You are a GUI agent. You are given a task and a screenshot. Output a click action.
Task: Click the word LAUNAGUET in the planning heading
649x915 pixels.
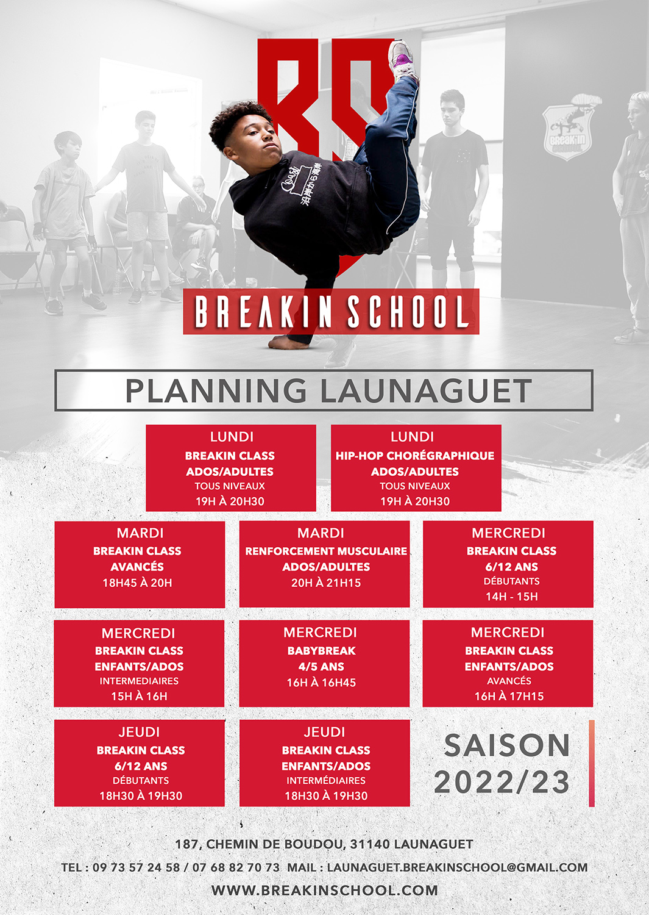pos(426,391)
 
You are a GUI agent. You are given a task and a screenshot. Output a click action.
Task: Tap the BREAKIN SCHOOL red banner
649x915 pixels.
pos(331,311)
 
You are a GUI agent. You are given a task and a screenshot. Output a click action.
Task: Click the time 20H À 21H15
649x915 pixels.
pos(326,583)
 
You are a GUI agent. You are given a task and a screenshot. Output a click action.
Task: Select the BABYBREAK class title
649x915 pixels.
pos(322,651)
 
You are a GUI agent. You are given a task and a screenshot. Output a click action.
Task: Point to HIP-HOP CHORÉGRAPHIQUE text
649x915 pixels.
pos(415,456)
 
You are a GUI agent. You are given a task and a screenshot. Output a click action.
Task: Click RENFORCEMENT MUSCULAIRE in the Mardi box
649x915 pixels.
pos(326,551)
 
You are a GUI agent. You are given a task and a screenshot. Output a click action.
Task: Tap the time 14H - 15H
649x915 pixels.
pos(511,597)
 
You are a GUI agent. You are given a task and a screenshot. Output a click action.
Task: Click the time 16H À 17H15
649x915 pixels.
pos(509,697)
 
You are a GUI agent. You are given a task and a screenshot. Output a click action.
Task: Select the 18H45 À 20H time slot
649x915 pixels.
pos(137,583)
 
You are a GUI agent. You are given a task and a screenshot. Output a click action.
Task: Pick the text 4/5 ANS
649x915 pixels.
pos(321,667)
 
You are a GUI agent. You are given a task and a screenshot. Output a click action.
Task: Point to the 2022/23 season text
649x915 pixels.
pos(502,782)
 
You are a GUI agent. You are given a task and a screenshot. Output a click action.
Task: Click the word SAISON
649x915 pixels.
pos(507,745)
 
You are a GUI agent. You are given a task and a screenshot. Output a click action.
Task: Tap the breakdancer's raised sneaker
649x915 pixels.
pos(402,60)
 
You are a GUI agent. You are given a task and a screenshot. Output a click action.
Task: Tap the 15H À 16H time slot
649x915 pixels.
pos(139,697)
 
